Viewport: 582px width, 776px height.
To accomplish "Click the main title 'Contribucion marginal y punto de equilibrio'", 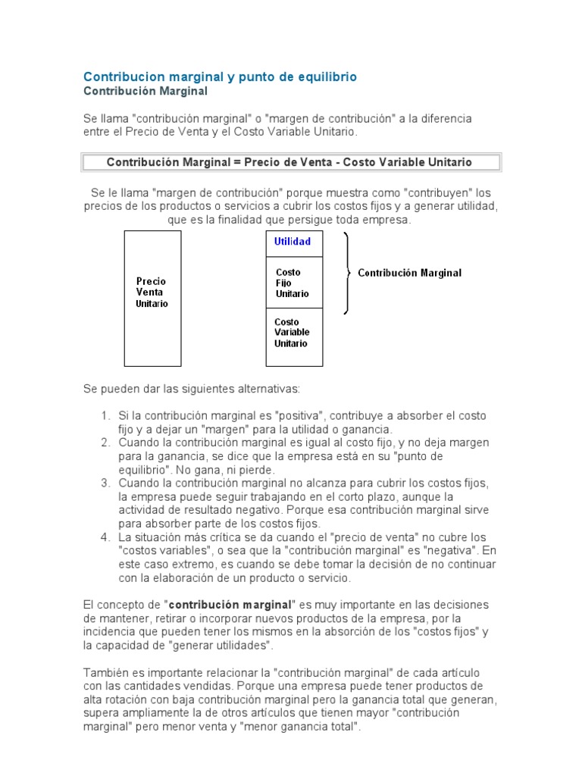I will pyautogui.click(x=219, y=77).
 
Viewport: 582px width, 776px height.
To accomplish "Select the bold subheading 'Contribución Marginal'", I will pyautogui.click(x=145, y=91).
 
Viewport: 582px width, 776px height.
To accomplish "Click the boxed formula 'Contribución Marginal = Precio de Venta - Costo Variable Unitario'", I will pyautogui.click(x=289, y=162).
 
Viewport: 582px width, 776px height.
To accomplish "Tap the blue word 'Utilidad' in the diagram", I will pyautogui.click(x=293, y=242).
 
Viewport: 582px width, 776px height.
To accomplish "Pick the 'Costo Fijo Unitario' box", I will pyautogui.click(x=293, y=283).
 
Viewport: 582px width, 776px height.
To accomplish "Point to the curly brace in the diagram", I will pyautogui.click(x=347, y=273).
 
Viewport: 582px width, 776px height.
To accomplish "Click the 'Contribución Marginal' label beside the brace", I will pyautogui.click(x=409, y=273).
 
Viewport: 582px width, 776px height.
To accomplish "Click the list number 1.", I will pyautogui.click(x=105, y=416).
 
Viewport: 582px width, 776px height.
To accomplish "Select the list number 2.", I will pyautogui.click(x=105, y=443).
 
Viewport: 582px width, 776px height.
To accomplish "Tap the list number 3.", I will pyautogui.click(x=105, y=483).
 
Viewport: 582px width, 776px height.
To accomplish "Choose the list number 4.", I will pyautogui.click(x=105, y=537).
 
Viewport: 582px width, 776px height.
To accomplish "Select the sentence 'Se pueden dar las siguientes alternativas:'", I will pyautogui.click(x=192, y=389).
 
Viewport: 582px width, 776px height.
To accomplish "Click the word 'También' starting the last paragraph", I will pyautogui.click(x=105, y=674).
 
